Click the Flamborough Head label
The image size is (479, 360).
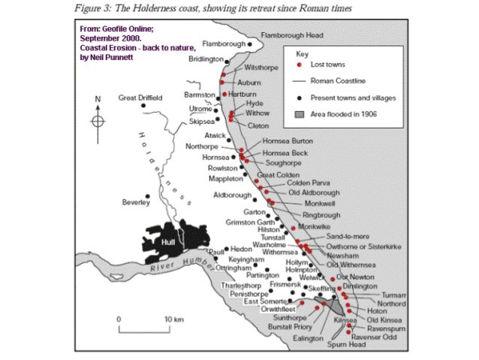(292, 35)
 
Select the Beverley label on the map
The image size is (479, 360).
(136, 202)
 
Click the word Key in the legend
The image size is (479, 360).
(303, 55)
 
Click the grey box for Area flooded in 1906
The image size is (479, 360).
(299, 114)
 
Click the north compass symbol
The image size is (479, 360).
(98, 120)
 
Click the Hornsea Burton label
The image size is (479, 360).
(282, 141)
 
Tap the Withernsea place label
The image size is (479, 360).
(281, 253)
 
